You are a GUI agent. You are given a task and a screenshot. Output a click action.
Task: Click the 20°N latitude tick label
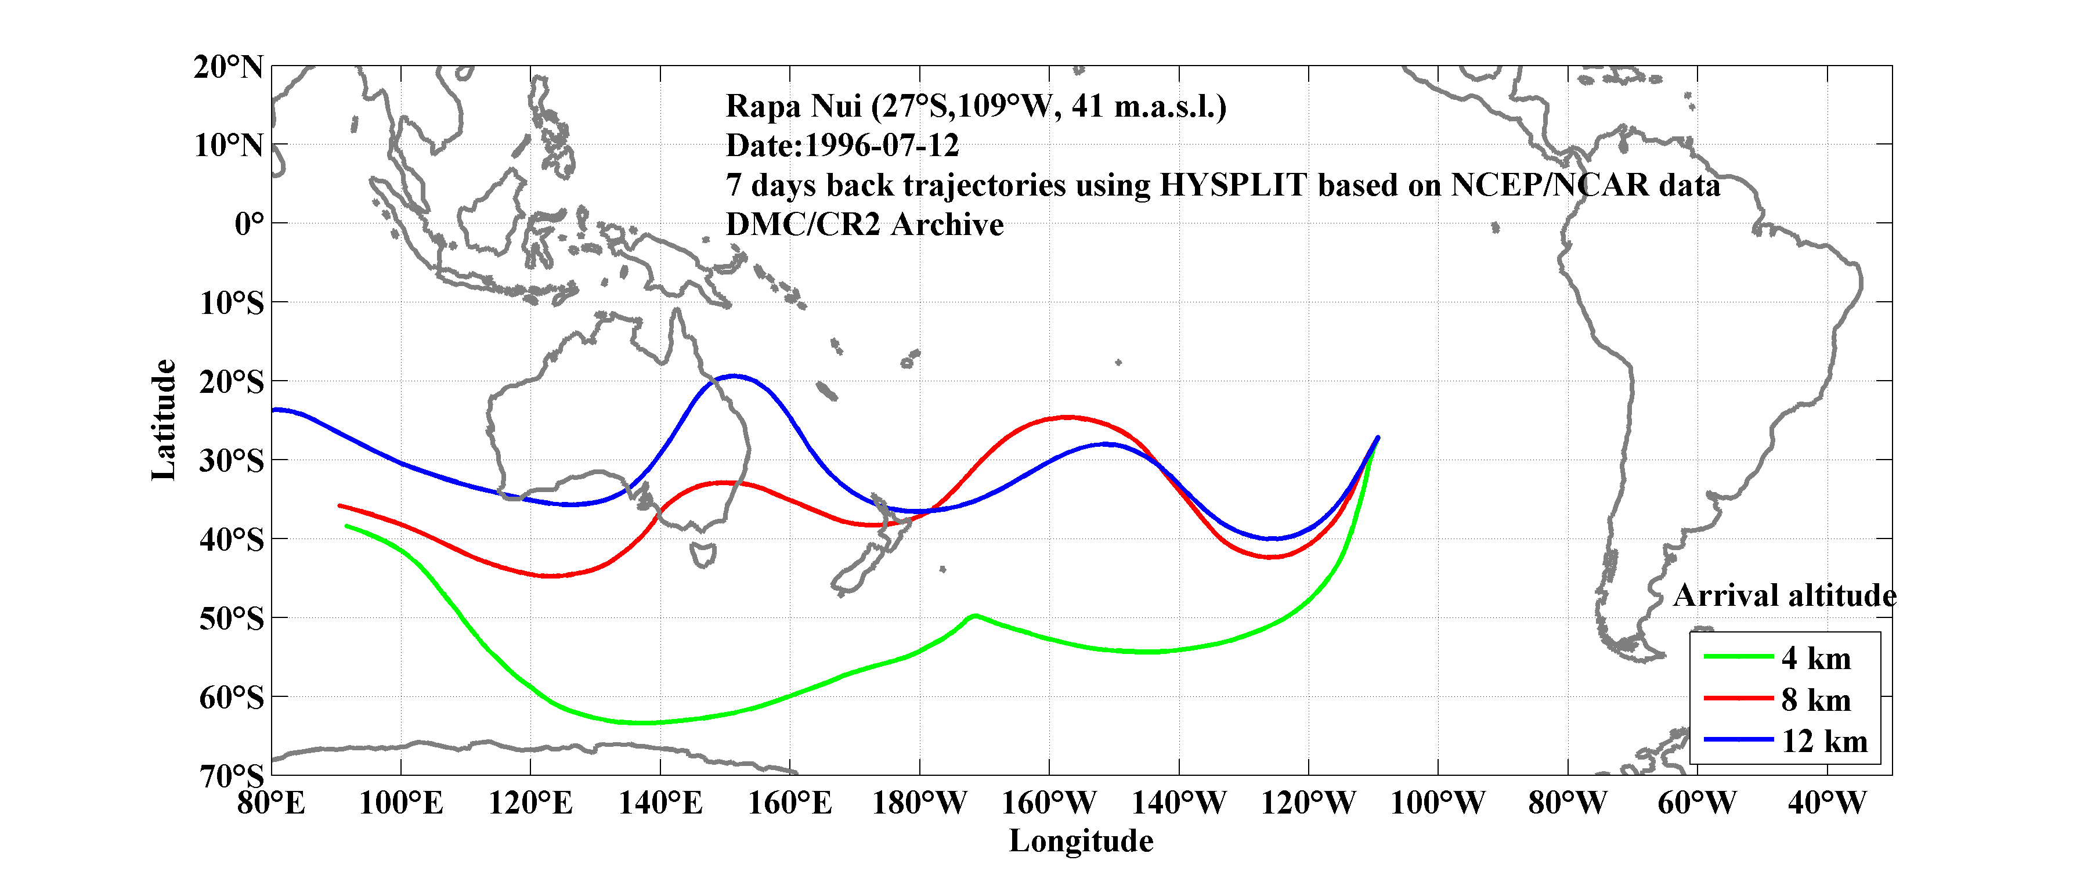point(228,67)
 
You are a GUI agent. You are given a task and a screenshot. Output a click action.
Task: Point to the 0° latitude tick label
point(248,224)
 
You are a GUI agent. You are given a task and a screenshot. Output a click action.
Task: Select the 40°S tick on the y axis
point(232,539)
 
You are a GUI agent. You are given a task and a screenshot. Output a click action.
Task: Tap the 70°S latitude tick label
point(232,776)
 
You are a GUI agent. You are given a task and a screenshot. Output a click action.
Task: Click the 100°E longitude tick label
point(401,804)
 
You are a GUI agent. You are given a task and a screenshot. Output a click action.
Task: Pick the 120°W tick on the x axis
point(1308,804)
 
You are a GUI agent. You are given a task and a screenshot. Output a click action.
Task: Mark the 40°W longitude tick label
point(1826,804)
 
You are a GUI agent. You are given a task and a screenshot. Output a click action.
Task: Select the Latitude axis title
point(164,420)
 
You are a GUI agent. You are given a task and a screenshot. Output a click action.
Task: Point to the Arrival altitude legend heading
point(1784,596)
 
